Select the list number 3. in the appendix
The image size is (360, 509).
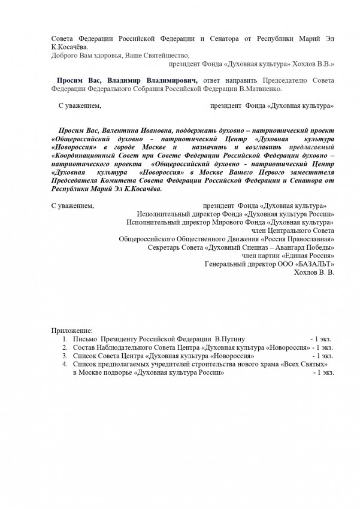pos(64,356)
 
